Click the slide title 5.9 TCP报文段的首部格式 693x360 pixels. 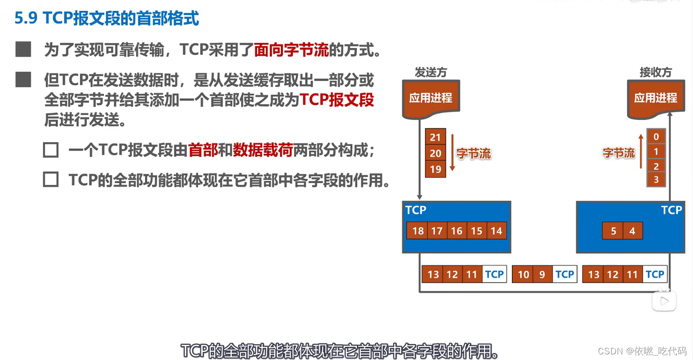tap(106, 18)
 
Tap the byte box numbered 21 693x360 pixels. tap(435, 137)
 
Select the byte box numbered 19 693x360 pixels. tap(435, 169)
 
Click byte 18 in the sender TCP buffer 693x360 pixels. tap(418, 231)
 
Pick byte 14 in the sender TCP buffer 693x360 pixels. tap(496, 231)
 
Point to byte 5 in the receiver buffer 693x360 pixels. tap(613, 231)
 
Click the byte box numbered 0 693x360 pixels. tap(656, 137)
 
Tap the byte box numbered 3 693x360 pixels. tap(656, 179)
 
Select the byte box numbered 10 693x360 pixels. tap(523, 274)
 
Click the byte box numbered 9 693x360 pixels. tap(542, 274)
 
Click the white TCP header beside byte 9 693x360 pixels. tap(564, 274)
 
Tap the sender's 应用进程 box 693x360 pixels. tap(431, 98)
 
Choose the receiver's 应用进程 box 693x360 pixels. tap(655, 98)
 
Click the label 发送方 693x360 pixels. tap(431, 72)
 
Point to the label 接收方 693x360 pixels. tap(655, 72)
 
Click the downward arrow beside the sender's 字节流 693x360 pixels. tap(453, 153)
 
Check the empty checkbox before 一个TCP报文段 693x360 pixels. tap(51, 150)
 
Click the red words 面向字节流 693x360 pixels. tap(291, 50)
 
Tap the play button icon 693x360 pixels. tap(664, 301)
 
